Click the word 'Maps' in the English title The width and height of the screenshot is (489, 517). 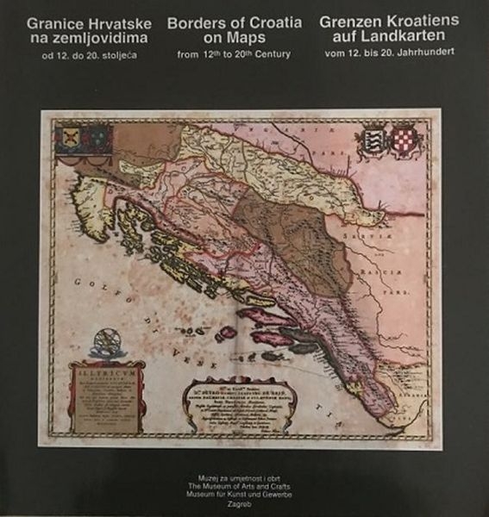[x=244, y=40]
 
